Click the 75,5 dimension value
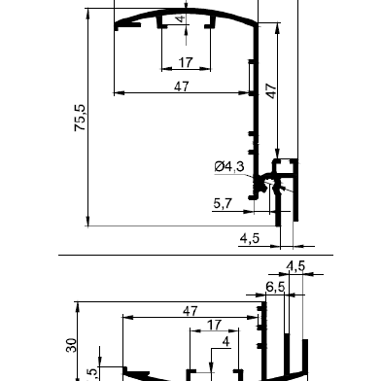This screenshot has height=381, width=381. tap(80, 118)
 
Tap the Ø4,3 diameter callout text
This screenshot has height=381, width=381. tap(229, 166)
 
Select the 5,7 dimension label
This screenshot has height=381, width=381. tap(223, 203)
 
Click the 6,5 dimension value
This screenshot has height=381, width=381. tap(275, 287)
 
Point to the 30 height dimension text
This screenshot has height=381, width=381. tap(72, 345)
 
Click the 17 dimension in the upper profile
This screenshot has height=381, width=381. tap(186, 62)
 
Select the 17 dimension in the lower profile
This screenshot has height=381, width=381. tap(214, 325)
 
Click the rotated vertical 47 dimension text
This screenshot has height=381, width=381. tap(271, 91)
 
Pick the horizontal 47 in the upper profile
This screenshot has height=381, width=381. tap(182, 87)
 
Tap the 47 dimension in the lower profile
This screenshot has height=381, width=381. tap(190, 311)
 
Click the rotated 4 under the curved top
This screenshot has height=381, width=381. tap(181, 18)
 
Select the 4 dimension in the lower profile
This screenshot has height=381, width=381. tap(226, 342)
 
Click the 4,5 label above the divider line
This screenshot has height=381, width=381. tap(250, 239)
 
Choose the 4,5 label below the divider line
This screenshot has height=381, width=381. tap(295, 266)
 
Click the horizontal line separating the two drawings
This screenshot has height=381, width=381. tap(195, 256)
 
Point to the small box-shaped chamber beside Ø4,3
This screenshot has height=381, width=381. tap(285, 166)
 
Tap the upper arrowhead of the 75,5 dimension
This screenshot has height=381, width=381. tap(87, 14)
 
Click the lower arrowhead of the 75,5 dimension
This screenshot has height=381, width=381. tap(87, 221)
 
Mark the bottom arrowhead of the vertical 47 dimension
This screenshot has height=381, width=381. tap(277, 154)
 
